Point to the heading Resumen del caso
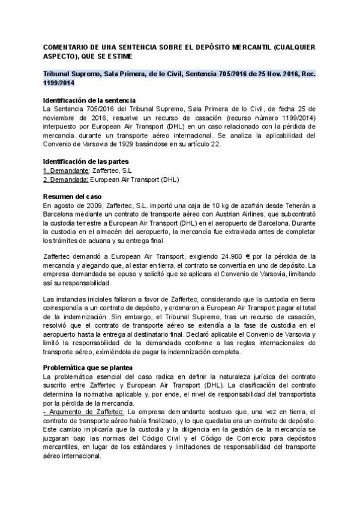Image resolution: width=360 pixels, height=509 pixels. (73, 197)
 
